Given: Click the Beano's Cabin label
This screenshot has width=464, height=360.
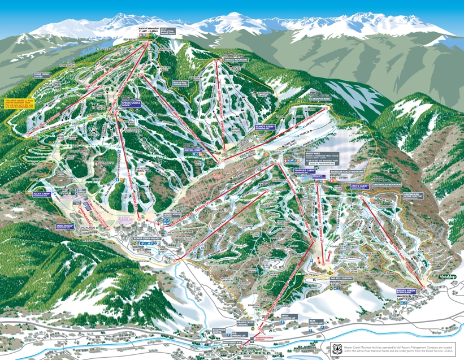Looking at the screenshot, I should [264, 127].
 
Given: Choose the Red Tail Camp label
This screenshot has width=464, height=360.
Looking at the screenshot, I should [192, 150].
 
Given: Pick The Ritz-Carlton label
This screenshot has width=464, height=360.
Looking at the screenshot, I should [341, 279].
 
